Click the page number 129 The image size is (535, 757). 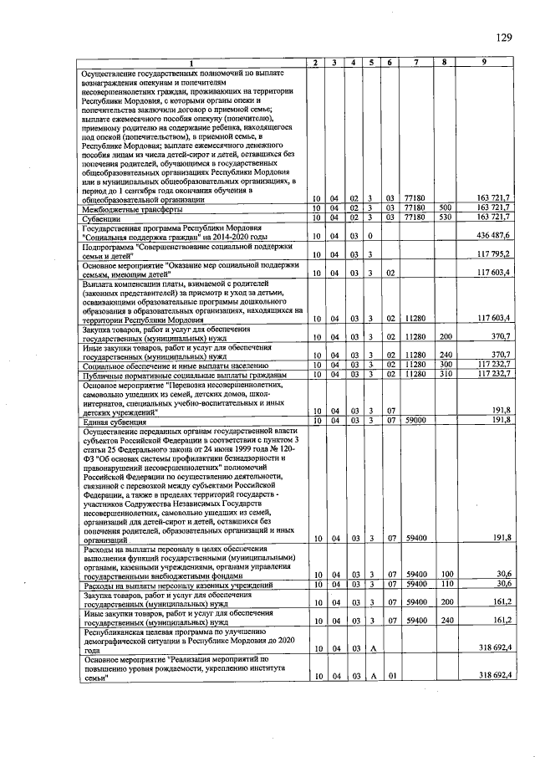(x=503, y=37)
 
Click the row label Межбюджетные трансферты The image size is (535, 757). (x=125, y=208)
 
